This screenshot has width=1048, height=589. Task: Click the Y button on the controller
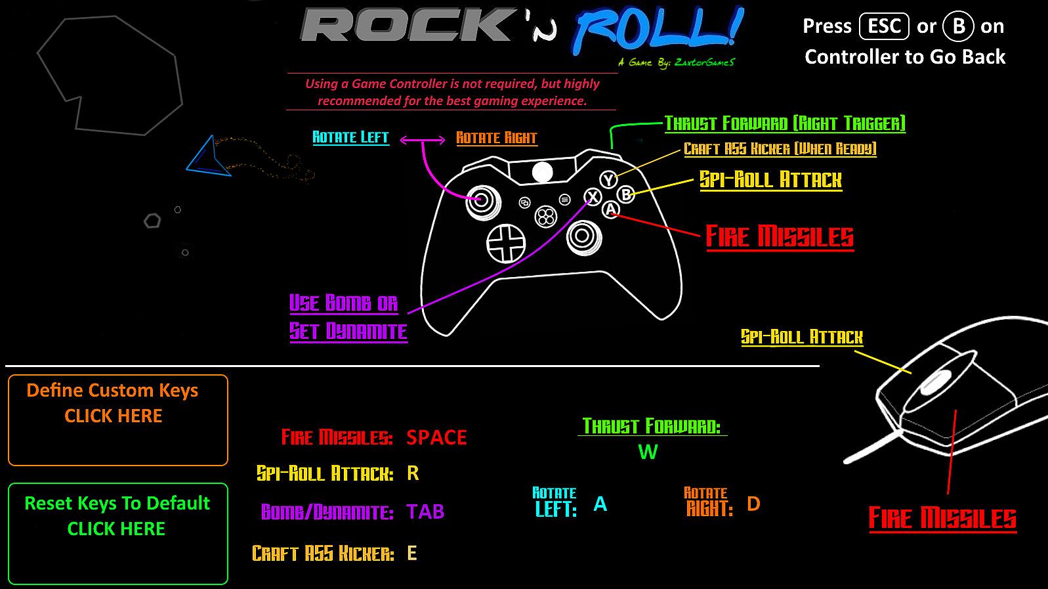pyautogui.click(x=608, y=179)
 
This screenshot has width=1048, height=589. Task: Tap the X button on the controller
pyautogui.click(x=593, y=196)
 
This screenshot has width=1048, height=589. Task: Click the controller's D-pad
pyautogui.click(x=506, y=244)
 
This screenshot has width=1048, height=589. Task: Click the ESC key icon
pyautogui.click(x=884, y=26)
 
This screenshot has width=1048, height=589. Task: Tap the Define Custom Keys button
pyautogui.click(x=118, y=420)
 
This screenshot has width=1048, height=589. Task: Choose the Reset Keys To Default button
pyautogui.click(x=118, y=534)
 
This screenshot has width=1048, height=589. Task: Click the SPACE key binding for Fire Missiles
pyautogui.click(x=436, y=437)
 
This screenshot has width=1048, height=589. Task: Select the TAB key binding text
pyautogui.click(x=425, y=512)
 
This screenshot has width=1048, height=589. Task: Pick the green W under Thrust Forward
pyautogui.click(x=648, y=452)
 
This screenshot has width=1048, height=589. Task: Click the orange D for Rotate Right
pyautogui.click(x=753, y=504)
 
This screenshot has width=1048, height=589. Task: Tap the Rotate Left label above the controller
pyautogui.click(x=350, y=137)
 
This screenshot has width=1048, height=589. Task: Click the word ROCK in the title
pyautogui.click(x=406, y=24)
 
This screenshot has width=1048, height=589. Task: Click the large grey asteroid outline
pyautogui.click(x=110, y=76)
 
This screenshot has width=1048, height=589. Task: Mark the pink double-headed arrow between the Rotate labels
pyautogui.click(x=423, y=139)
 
